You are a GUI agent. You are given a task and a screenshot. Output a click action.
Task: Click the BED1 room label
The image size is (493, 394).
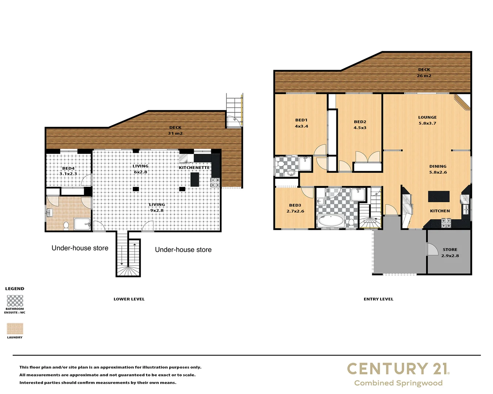[x=301, y=120]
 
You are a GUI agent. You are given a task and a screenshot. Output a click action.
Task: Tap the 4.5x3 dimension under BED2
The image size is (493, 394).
[x=360, y=128]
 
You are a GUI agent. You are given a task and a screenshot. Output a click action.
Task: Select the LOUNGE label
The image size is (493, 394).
[x=427, y=117]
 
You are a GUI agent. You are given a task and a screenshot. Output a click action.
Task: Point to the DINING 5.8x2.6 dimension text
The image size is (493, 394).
[x=438, y=172]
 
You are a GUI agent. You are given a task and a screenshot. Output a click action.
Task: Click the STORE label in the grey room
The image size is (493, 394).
[x=450, y=250]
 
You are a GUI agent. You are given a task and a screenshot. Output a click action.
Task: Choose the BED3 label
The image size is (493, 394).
[x=295, y=205]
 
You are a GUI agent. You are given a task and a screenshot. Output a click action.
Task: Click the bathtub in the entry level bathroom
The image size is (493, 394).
[x=331, y=220]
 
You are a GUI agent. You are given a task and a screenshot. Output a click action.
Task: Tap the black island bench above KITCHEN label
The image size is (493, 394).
[x=439, y=196]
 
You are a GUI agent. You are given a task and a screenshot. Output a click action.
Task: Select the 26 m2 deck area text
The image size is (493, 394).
[x=424, y=76]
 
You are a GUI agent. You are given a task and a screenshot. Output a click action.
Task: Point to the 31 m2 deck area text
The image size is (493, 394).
[x=175, y=134]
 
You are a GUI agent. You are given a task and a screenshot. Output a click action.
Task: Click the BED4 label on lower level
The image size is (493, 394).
[x=68, y=169]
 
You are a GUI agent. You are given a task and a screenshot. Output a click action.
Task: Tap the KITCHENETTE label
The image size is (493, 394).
[x=194, y=168]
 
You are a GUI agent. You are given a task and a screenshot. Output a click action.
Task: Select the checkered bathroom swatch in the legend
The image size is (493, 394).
[x=15, y=301]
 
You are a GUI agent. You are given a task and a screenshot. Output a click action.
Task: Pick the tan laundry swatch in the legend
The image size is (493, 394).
[x=15, y=329]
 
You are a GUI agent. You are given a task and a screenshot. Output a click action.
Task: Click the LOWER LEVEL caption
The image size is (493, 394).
[x=129, y=299]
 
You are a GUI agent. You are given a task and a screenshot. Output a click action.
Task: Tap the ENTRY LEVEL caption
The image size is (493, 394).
[x=378, y=299]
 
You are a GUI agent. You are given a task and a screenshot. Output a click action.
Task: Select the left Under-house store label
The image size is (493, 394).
[x=80, y=248]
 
